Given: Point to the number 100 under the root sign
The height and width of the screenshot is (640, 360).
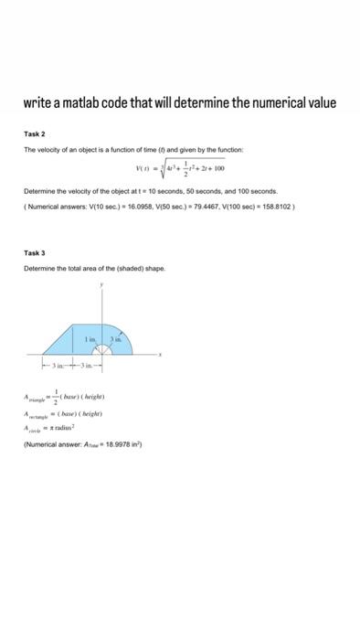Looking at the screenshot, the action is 219,169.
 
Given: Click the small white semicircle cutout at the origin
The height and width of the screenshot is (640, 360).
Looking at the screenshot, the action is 102,349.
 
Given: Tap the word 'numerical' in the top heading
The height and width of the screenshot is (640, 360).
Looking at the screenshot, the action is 281,102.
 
